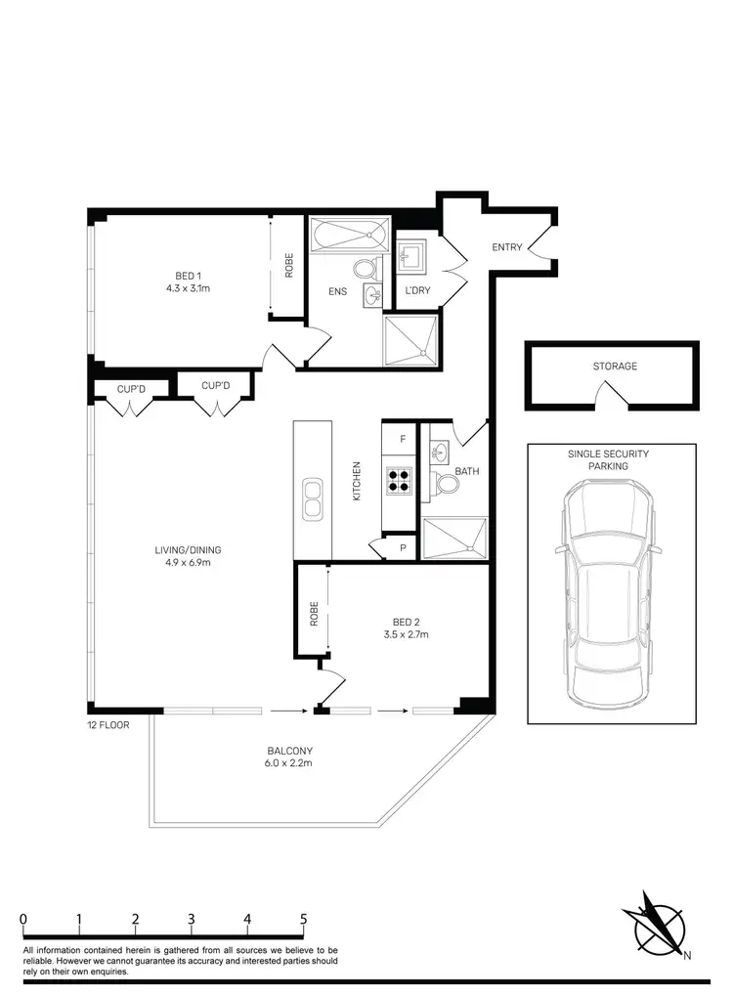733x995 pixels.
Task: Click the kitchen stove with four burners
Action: point(400,480)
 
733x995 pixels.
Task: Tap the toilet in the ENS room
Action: point(365,270)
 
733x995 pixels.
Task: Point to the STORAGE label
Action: point(615,367)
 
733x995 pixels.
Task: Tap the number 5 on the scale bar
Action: point(304,919)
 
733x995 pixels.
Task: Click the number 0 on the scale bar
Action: point(23,919)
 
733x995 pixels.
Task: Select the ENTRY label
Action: point(507,247)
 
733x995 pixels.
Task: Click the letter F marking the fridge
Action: point(400,440)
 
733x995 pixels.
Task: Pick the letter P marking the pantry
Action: point(402,549)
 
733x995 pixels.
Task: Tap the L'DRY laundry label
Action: point(417,290)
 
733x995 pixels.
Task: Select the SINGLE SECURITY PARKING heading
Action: point(608,460)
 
